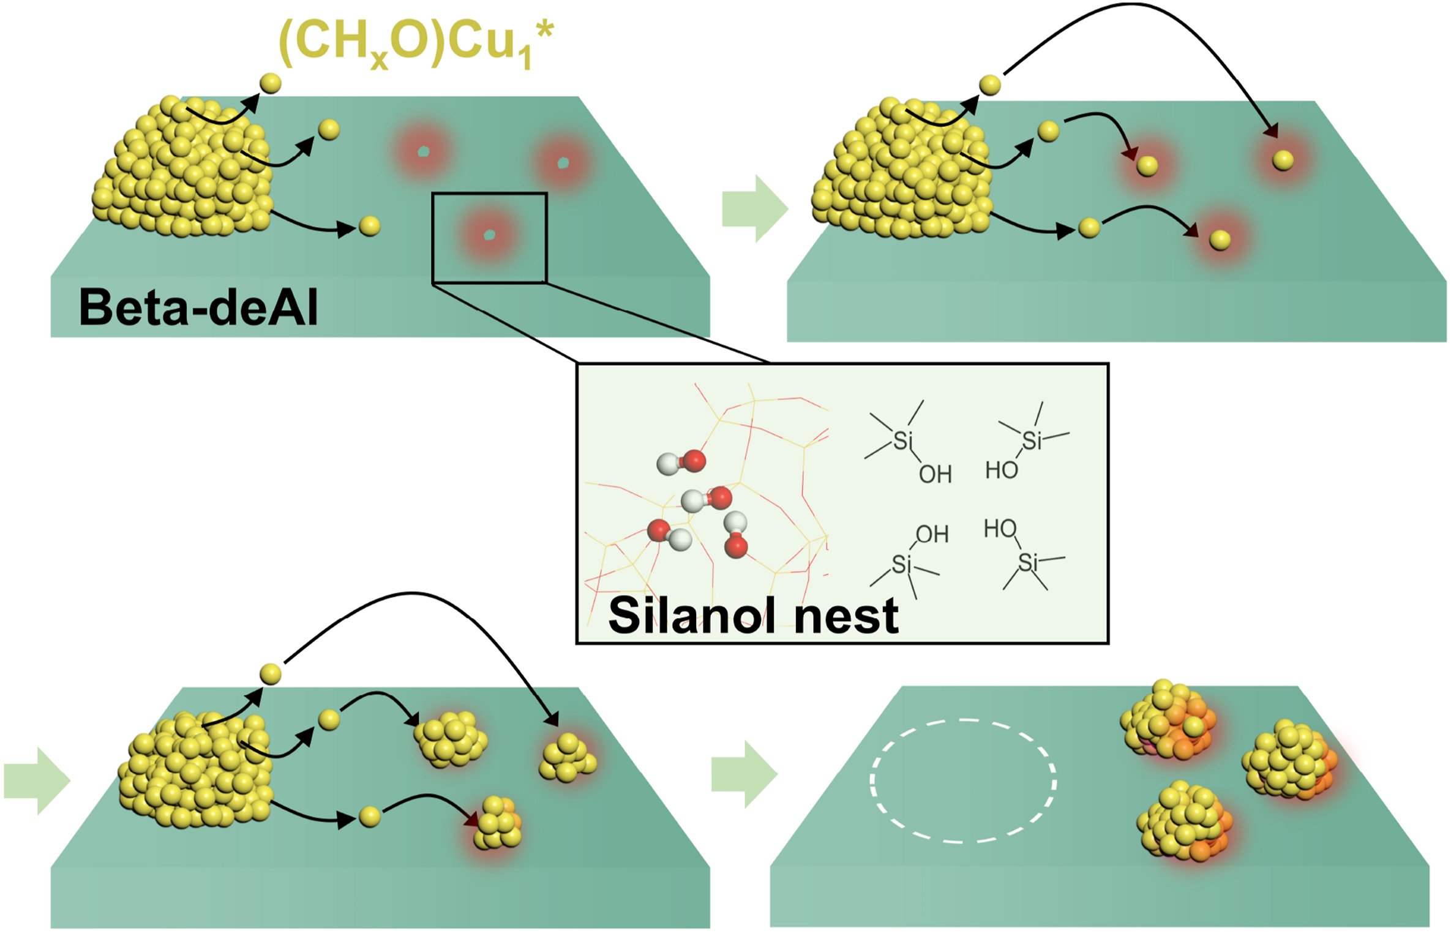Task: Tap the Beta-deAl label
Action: (x=198, y=308)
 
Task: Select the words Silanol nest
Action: (x=753, y=616)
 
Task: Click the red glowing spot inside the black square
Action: (x=489, y=235)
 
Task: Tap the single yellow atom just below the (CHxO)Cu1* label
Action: (x=270, y=83)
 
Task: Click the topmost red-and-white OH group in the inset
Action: (x=681, y=462)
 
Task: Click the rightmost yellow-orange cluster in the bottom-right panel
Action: (x=1289, y=760)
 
